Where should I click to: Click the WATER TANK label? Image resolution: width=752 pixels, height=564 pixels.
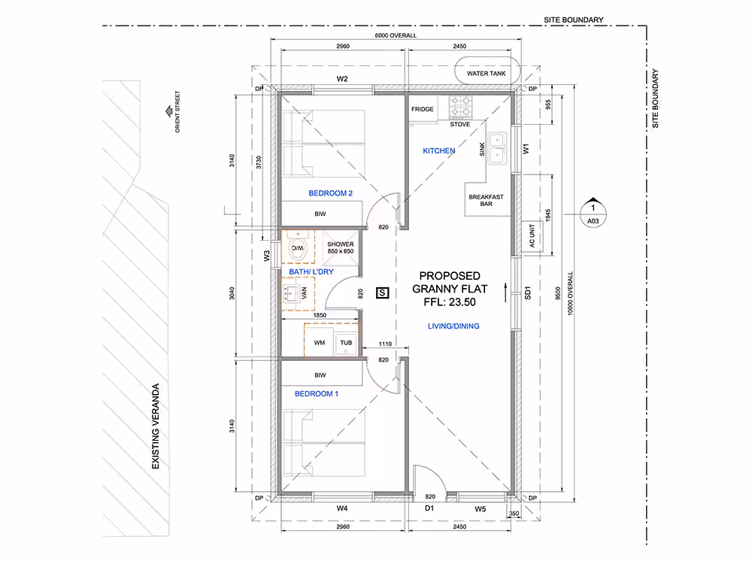[x=486, y=74]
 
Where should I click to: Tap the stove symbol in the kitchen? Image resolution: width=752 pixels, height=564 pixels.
[x=460, y=108]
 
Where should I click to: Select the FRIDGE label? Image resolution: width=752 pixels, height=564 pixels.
[x=422, y=109]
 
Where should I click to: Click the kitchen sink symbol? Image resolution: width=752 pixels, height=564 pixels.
[x=497, y=149]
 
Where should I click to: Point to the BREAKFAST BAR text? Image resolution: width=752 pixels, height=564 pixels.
[x=486, y=201]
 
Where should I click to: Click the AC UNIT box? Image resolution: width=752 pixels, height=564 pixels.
[x=532, y=236]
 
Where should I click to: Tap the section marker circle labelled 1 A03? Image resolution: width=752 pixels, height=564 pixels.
[x=593, y=214]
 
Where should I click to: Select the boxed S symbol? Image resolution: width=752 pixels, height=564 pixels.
[x=382, y=293]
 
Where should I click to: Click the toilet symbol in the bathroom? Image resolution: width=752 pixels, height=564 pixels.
[x=297, y=247]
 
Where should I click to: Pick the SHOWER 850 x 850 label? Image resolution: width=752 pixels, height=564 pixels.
[x=341, y=247]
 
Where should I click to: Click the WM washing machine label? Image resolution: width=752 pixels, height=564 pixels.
[x=320, y=342]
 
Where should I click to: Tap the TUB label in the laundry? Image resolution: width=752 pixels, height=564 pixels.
[x=346, y=342]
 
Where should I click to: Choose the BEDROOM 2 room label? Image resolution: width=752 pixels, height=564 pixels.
[x=330, y=193]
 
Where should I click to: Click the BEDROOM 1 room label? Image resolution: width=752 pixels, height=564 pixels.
[x=317, y=394]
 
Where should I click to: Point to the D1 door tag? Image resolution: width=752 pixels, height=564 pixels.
[x=429, y=508]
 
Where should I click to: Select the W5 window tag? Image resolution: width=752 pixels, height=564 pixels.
[x=480, y=509]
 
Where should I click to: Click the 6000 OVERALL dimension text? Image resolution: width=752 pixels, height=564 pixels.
[x=396, y=35]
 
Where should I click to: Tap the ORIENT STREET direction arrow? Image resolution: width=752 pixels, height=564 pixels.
[x=168, y=111]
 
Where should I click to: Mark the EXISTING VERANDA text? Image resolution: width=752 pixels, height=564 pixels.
[x=156, y=426]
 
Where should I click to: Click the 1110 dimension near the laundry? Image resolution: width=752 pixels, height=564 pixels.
[x=385, y=344]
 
